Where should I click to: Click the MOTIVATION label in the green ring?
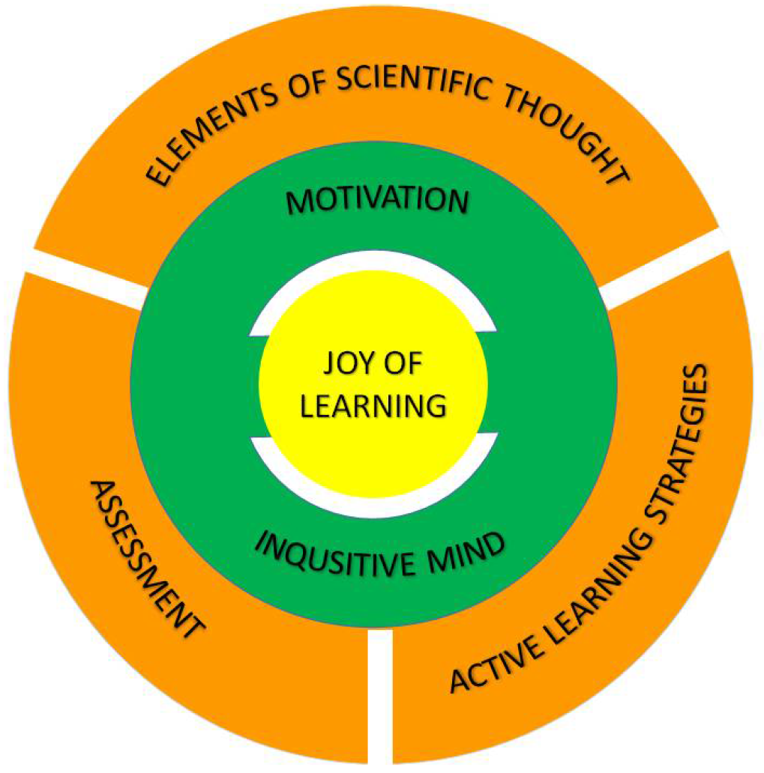pos(378,201)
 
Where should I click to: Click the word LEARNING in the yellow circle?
pos(373,406)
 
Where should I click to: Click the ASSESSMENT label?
pos(146,559)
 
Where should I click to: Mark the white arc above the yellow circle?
pos(373,261)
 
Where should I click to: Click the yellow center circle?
pos(373,384)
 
